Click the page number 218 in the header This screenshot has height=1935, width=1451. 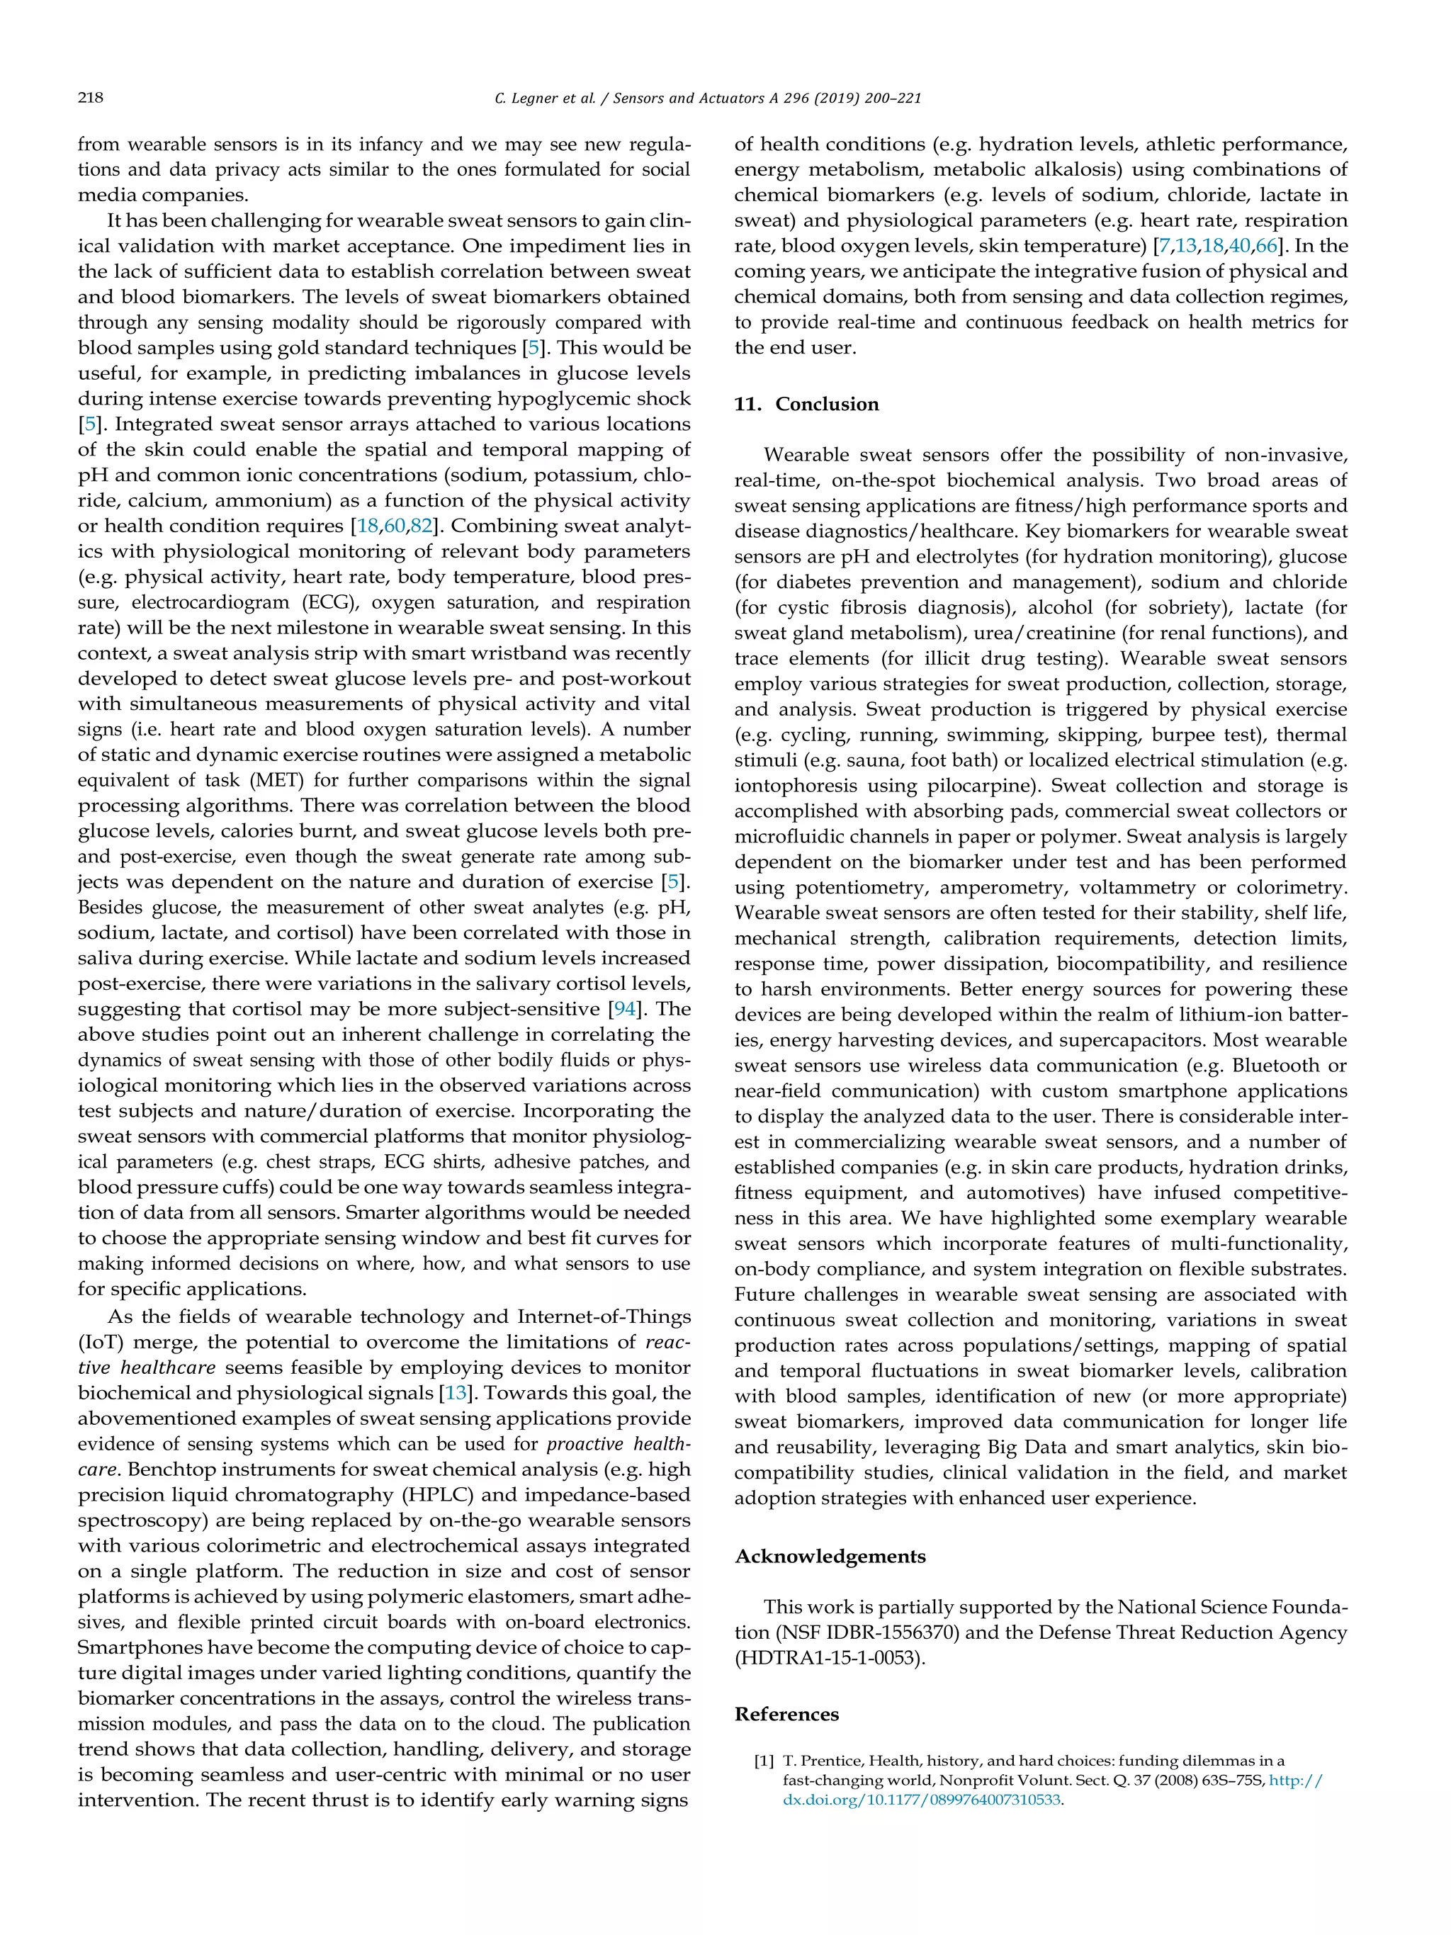(90, 98)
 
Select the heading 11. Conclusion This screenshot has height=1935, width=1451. (806, 404)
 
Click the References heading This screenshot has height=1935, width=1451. (786, 1714)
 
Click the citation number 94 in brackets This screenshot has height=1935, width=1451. (624, 1009)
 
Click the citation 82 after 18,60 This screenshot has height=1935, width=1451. (422, 526)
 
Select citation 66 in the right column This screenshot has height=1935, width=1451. (1265, 246)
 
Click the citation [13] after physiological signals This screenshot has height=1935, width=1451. (455, 1393)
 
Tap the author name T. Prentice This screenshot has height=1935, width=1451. (818, 1761)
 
